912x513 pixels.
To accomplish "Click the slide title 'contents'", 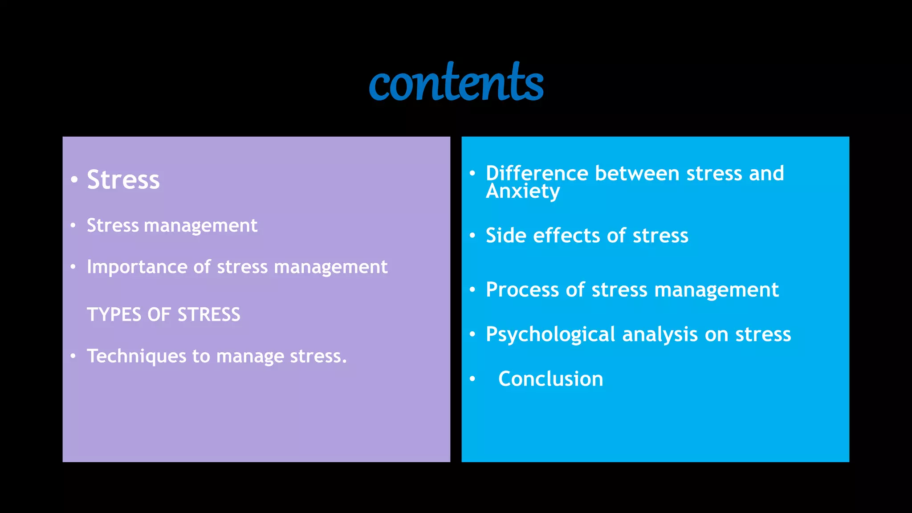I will (x=456, y=82).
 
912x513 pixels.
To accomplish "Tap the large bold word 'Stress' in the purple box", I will (x=123, y=180).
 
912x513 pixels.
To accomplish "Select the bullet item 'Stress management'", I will (x=172, y=225).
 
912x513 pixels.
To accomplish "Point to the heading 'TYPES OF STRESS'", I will (x=163, y=315).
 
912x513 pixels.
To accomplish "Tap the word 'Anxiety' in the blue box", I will (x=523, y=192).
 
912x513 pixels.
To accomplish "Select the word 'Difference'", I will (x=537, y=173).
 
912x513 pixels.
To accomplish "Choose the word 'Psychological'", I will (x=550, y=335).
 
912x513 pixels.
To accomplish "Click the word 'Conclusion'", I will (x=550, y=379).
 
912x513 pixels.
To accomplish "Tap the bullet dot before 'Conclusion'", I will (x=472, y=379).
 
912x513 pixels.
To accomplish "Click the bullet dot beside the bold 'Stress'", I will (x=74, y=180).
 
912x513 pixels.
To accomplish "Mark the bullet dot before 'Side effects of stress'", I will (x=472, y=236).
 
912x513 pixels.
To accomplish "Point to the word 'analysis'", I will (x=660, y=335).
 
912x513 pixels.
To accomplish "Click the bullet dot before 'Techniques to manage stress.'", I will (x=73, y=356).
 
